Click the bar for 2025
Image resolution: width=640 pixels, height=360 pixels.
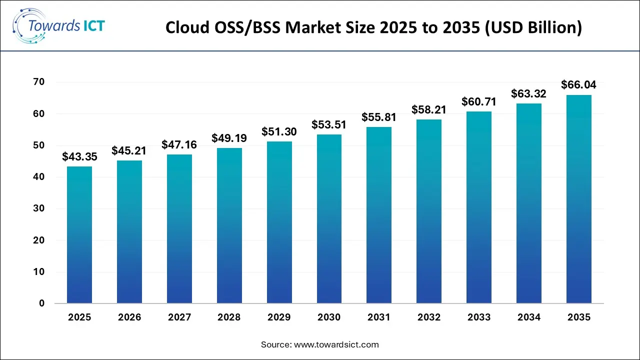point(79,235)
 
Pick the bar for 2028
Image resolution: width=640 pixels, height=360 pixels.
point(229,225)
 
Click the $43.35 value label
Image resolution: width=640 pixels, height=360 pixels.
point(79,156)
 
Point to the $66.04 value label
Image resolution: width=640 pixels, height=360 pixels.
point(579,85)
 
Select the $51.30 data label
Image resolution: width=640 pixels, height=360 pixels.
point(279,132)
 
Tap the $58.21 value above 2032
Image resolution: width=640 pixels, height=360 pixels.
point(429,109)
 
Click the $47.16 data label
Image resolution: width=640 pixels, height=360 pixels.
point(179,145)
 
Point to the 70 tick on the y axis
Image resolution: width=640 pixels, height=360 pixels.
point(39,82)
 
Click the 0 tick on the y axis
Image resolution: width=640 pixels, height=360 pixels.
point(42,303)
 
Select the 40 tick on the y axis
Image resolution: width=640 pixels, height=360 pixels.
point(39,177)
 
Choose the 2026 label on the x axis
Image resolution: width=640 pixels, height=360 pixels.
point(129,317)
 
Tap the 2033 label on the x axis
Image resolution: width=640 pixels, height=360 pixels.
point(479,317)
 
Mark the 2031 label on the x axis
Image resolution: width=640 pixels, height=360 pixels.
point(379,317)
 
